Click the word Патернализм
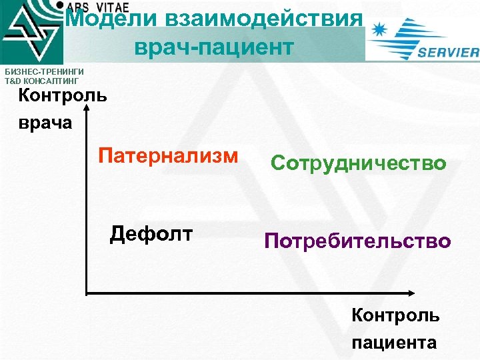[x=167, y=156]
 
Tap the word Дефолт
[x=151, y=233]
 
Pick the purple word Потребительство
[x=357, y=241]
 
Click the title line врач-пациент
[x=213, y=47]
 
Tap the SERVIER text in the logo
[x=447, y=53]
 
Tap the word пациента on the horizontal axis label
[x=394, y=343]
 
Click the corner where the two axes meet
[x=87, y=293]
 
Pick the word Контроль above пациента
[x=395, y=315]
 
